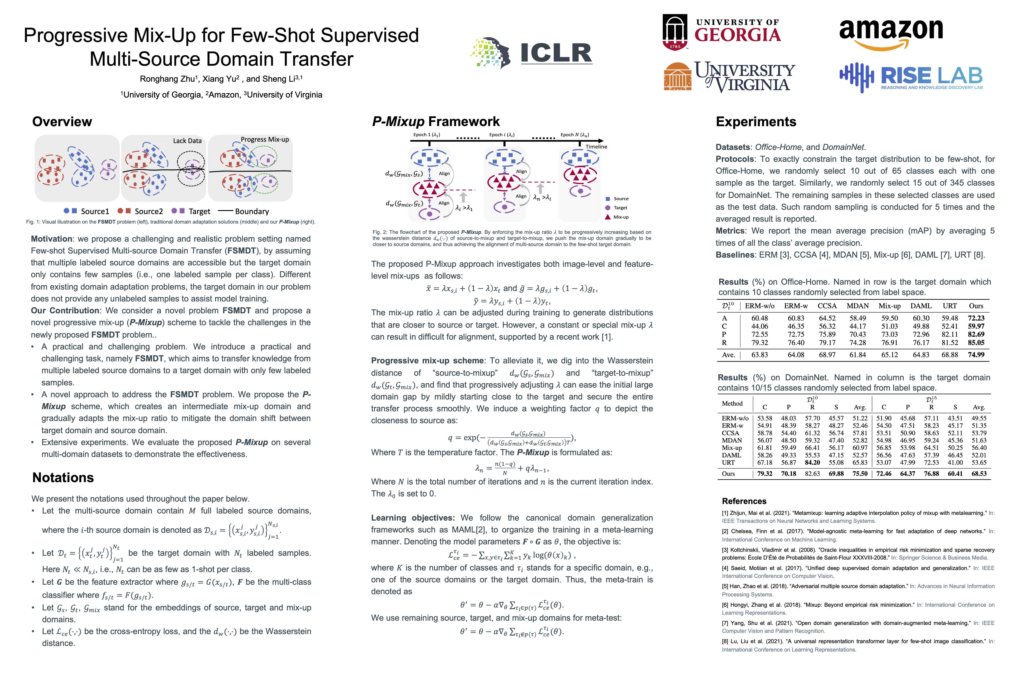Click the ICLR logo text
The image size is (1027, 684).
click(x=556, y=53)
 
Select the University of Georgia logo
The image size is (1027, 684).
click(x=721, y=32)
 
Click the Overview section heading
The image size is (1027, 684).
click(x=62, y=122)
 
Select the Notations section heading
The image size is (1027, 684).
click(x=63, y=478)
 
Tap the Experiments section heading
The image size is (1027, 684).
click(x=756, y=122)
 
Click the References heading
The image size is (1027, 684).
click(x=744, y=501)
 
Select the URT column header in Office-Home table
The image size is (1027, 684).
click(x=950, y=306)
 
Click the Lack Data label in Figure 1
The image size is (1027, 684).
click(x=187, y=140)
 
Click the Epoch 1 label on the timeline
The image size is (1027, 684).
click(x=426, y=135)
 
